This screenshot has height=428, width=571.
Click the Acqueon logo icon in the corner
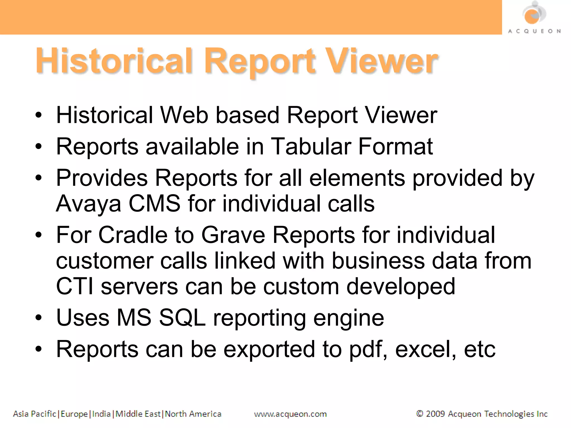pyautogui.click(x=534, y=14)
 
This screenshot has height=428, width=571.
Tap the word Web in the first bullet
pyautogui.click(x=184, y=115)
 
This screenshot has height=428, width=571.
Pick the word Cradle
pyautogui.click(x=133, y=235)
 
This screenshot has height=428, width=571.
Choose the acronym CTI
pyautogui.click(x=74, y=286)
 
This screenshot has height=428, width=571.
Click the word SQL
pyautogui.click(x=182, y=318)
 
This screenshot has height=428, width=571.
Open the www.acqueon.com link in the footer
pyautogui.click(x=290, y=414)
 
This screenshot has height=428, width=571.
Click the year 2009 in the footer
pyautogui.click(x=435, y=414)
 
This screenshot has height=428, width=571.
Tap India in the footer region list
pyautogui.click(x=101, y=414)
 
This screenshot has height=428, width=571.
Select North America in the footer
pyautogui.click(x=193, y=414)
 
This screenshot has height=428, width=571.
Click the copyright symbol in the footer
pyautogui.click(x=419, y=414)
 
